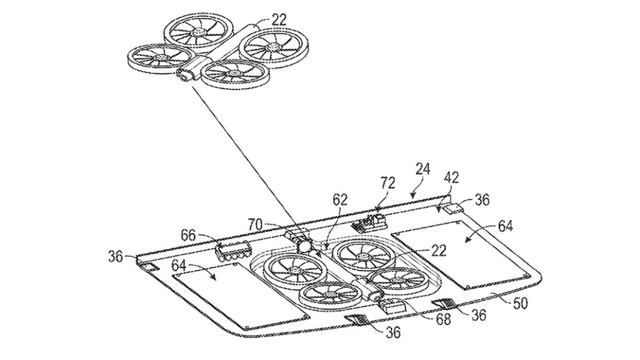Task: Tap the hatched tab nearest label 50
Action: tap(446, 306)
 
